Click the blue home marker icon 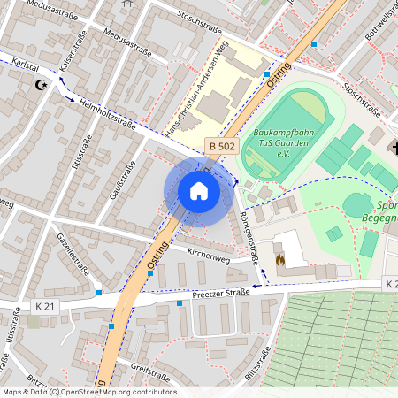click(x=199, y=191)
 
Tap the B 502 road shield click(x=223, y=144)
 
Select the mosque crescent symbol click(x=39, y=85)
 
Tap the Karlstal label click(x=20, y=66)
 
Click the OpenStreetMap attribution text click(x=88, y=392)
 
